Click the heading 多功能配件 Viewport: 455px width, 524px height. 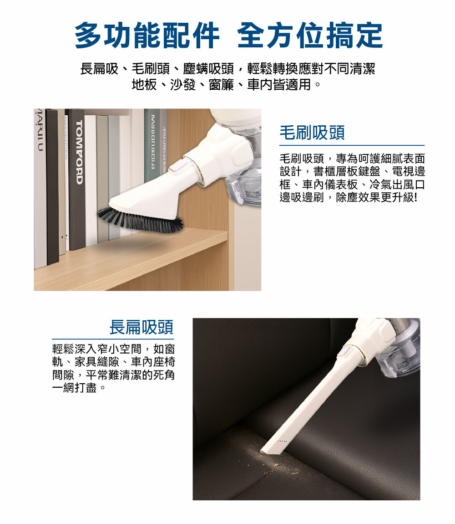147,36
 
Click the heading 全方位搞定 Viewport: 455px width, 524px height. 310,36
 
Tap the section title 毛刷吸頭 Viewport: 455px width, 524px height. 312,133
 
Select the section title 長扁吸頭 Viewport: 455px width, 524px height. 142,327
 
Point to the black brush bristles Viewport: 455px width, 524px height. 141,220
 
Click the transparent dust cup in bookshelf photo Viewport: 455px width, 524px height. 246,185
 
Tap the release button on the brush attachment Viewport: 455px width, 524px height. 176,165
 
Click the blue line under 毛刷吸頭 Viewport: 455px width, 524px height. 352,145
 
